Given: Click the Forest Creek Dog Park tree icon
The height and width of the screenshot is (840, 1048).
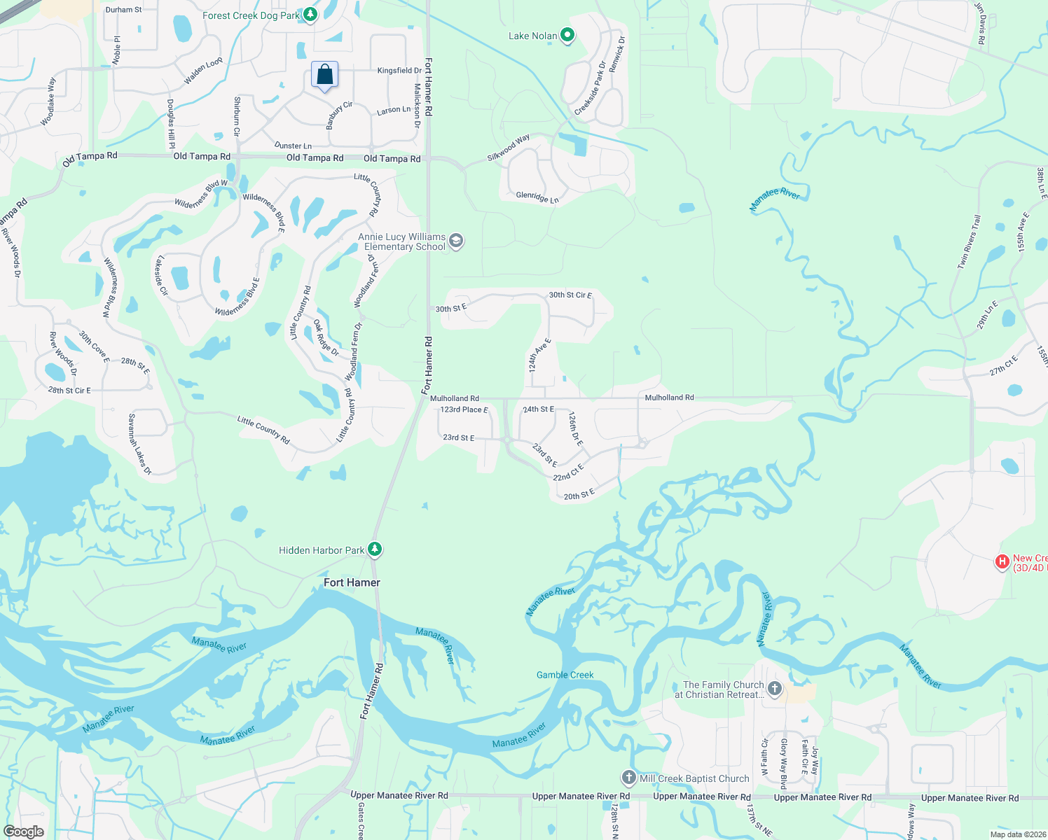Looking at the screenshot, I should (310, 15).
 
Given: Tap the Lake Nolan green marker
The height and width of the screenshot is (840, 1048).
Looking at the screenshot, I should (568, 35).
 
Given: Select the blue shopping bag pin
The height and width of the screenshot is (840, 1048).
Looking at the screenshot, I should (324, 75).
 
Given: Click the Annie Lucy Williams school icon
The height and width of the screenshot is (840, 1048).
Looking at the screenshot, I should (456, 241).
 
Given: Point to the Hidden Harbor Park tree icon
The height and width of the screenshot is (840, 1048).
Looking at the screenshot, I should (375, 549).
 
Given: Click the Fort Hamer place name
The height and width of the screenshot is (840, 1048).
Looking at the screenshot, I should (352, 582).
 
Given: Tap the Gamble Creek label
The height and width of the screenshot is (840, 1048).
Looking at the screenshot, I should (565, 675).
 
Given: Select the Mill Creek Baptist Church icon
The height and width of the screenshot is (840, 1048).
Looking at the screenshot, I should (628, 778).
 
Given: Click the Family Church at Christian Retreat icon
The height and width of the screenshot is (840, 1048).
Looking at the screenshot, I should (774, 689).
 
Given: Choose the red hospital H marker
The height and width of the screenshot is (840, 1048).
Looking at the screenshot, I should (1002, 562).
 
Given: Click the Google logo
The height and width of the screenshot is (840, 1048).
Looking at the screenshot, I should (24, 831).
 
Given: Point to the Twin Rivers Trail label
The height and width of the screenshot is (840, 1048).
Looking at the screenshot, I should (970, 241).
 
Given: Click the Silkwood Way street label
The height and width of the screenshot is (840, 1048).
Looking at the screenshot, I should (509, 148).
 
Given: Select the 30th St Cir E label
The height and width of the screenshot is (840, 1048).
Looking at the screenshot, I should (570, 295).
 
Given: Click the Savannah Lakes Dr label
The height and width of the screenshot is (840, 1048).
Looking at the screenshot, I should (139, 444).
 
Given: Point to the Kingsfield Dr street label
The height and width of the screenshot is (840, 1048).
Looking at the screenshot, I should (399, 71).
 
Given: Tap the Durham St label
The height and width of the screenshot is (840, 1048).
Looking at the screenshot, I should (123, 10).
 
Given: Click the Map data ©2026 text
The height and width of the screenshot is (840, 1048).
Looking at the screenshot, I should (1015, 834).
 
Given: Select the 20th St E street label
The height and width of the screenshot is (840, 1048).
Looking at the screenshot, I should (579, 495).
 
